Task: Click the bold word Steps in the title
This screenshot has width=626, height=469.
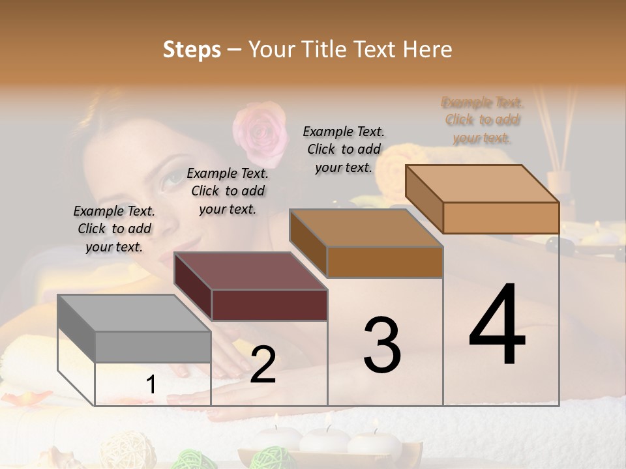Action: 192,50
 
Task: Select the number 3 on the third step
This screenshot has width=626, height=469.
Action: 382,345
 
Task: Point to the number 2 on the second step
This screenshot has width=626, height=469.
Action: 263,365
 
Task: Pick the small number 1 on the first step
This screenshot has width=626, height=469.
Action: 151,385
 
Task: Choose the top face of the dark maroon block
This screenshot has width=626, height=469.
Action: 250,271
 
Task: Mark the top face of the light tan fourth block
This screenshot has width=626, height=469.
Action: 483,184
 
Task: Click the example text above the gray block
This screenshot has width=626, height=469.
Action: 114,229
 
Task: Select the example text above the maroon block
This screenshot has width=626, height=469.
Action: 228,191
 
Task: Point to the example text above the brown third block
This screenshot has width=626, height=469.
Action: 344,149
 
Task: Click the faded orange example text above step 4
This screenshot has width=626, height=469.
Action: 482,120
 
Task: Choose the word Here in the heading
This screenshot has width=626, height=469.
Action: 426,50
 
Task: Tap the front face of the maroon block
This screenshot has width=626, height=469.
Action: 269,305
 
